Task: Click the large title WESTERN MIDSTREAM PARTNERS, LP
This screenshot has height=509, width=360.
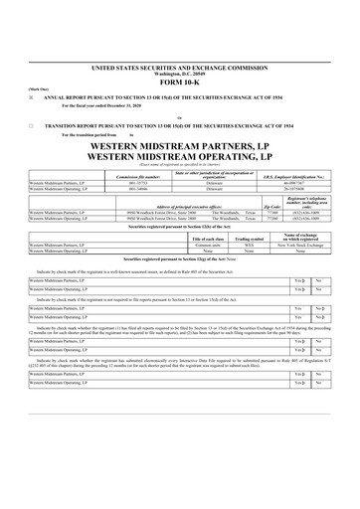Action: click(x=179, y=147)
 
